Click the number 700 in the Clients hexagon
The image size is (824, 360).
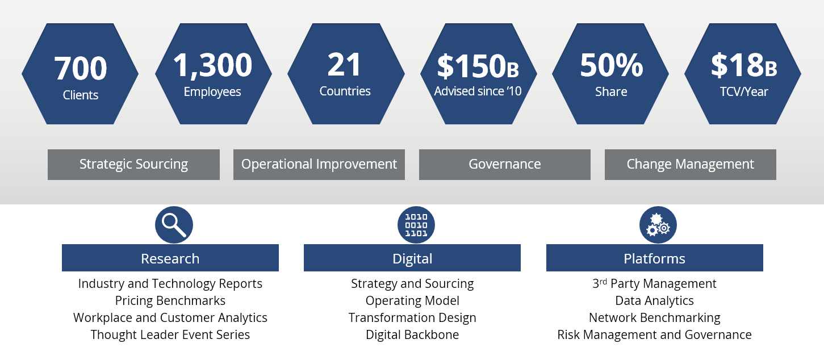click(80, 68)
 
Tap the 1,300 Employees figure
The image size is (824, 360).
click(212, 65)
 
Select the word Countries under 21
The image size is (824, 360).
click(345, 91)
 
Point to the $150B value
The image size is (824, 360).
click(478, 66)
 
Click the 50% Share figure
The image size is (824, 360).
click(611, 66)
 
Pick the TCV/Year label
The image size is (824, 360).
click(743, 91)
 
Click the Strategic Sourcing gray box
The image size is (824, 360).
click(133, 165)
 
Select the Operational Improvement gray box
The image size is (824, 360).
click(319, 165)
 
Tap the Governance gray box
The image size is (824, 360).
click(504, 165)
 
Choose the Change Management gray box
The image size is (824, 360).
click(690, 165)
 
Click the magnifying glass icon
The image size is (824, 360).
click(174, 225)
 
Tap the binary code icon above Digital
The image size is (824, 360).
click(416, 225)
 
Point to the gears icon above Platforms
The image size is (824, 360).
click(658, 225)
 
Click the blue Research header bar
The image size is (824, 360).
click(170, 258)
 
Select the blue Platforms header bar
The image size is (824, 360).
click(654, 258)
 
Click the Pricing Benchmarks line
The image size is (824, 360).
click(170, 301)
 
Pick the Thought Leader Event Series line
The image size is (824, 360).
click(170, 335)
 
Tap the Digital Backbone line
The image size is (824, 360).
click(412, 335)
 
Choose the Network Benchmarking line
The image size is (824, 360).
click(654, 318)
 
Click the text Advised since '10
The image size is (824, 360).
click(478, 91)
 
